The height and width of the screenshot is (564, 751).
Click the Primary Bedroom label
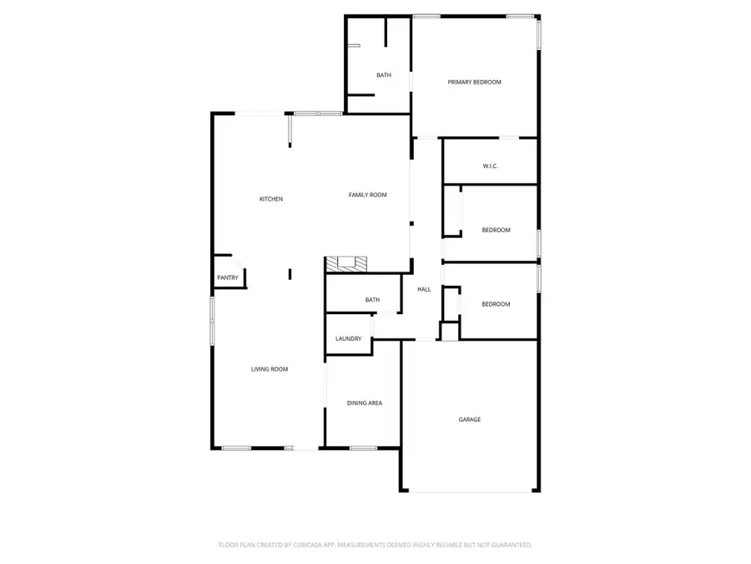(474, 82)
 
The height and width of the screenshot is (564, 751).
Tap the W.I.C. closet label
(490, 166)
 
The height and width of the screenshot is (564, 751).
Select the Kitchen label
(271, 199)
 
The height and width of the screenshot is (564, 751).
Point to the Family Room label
(367, 195)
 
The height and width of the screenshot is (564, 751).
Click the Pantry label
(228, 277)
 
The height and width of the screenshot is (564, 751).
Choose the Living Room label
(270, 369)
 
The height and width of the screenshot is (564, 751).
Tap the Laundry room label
(348, 338)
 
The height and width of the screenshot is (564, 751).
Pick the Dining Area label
(365, 403)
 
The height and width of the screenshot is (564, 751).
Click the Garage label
(469, 419)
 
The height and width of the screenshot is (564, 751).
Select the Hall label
(424, 289)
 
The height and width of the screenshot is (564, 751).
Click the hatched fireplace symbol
(346, 265)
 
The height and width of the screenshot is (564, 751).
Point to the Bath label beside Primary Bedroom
(384, 75)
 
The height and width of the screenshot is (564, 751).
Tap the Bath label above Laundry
(373, 300)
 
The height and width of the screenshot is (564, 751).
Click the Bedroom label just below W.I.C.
(496, 230)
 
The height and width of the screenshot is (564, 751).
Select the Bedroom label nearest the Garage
(496, 304)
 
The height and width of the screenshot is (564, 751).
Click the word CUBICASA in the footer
(308, 545)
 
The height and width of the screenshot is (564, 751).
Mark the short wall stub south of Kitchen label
(290, 274)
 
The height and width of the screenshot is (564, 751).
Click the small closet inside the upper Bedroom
(452, 211)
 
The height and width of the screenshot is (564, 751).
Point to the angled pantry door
(239, 262)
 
